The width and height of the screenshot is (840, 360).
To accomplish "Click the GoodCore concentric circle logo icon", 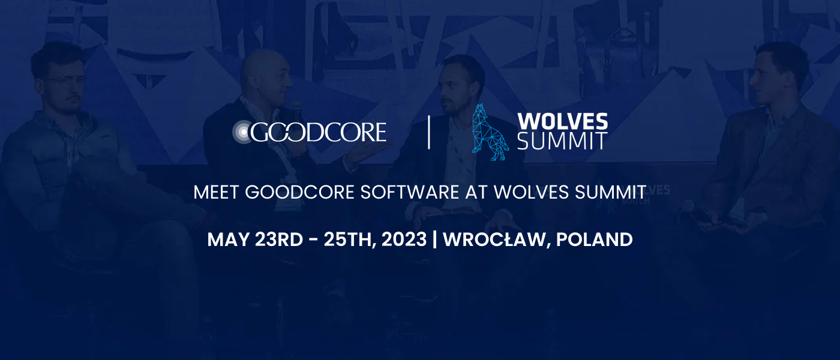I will click(244, 132).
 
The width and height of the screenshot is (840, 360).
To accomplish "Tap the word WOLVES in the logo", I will click(562, 122).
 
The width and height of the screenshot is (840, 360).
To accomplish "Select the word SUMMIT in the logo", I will click(562, 142).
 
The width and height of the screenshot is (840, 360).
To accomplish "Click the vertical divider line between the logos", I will click(429, 132).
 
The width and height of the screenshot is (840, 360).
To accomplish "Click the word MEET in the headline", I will click(217, 192).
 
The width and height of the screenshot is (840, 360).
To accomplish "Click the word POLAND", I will click(594, 239).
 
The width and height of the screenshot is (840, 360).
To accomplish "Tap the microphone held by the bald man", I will click(296, 110).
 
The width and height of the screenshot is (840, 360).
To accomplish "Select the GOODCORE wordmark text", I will click(318, 132).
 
